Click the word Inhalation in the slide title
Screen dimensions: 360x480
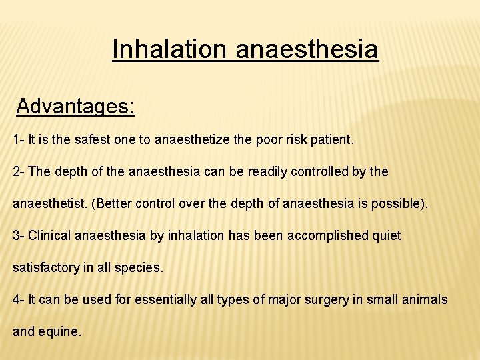[170, 49]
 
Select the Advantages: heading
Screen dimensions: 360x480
[75, 106]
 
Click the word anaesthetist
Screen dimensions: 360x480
[52, 203]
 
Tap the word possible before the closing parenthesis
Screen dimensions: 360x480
[399, 203]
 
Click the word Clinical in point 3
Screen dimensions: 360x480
[50, 235]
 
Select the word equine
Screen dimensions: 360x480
[61, 331]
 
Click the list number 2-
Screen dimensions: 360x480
[19, 171]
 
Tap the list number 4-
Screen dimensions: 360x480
[19, 299]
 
